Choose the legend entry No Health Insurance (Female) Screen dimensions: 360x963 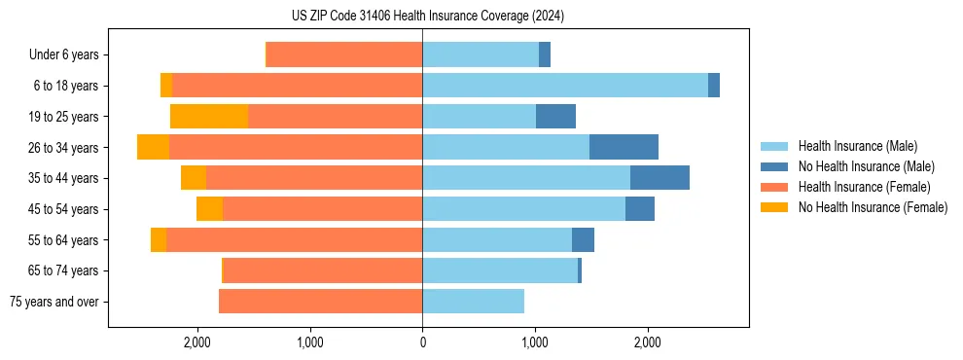(x=873, y=207)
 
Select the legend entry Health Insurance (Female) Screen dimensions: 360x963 (x=864, y=187)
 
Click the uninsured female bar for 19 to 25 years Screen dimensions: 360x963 (x=209, y=117)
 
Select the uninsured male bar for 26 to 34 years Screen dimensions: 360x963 (x=624, y=147)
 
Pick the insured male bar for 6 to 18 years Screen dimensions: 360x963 (x=564, y=86)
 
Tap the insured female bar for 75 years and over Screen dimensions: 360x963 (x=320, y=302)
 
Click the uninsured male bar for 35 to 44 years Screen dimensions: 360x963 (x=660, y=178)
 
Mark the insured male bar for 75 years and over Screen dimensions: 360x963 (x=473, y=302)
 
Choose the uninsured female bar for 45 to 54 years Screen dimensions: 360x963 (x=209, y=209)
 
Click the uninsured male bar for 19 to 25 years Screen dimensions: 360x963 (x=555, y=117)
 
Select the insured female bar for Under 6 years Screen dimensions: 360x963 (x=344, y=55)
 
